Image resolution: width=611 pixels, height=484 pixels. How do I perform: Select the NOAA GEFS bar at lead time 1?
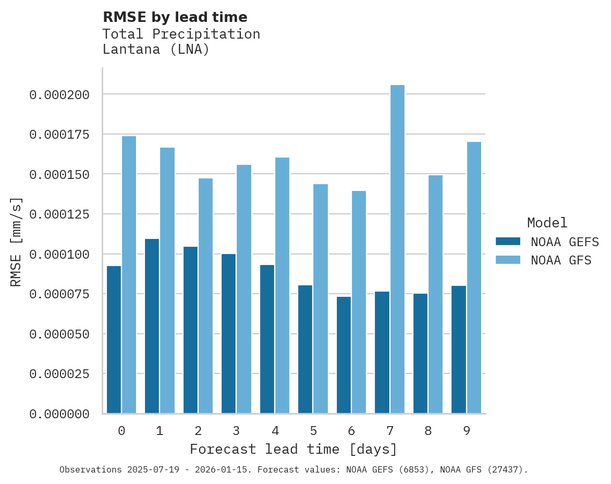point(152,326)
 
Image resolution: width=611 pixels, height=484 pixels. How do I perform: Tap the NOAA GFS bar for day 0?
point(129,275)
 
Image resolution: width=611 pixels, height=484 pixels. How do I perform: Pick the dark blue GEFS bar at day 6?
point(344,355)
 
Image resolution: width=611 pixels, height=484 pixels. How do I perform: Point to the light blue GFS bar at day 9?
point(474,277)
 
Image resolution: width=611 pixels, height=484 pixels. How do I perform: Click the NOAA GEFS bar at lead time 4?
point(267,339)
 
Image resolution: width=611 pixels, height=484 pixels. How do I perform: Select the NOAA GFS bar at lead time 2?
point(205,296)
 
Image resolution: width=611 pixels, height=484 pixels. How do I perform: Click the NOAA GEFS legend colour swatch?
point(507,241)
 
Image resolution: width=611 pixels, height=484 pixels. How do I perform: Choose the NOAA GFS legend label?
point(561,260)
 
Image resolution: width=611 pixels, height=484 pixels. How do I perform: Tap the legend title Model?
point(547,223)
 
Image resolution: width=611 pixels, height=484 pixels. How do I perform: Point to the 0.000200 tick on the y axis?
point(59,95)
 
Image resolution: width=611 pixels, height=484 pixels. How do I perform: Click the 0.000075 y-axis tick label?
point(59,294)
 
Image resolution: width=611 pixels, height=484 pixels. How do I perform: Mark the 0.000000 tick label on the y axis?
point(59,414)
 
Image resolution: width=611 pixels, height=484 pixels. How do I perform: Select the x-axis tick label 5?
point(313,431)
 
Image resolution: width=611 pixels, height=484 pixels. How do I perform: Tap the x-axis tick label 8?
point(428,431)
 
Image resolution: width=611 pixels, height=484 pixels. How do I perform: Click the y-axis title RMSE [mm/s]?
point(16,241)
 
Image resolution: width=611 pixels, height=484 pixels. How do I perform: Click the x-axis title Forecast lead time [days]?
point(294,449)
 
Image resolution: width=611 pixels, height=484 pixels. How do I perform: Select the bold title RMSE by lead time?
point(175,17)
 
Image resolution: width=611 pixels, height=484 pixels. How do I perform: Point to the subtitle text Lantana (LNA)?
point(156,50)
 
